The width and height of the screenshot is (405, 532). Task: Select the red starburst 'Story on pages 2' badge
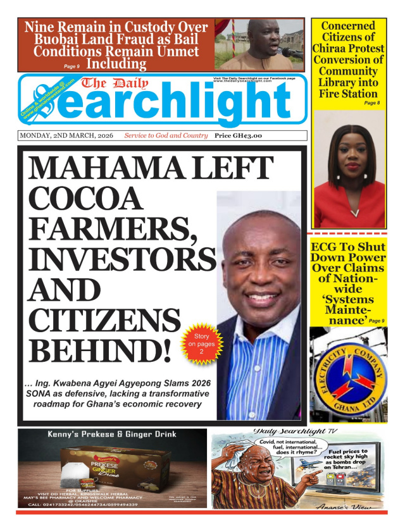pos(199,344)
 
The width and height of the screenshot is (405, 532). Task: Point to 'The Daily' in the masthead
pos(114,83)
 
